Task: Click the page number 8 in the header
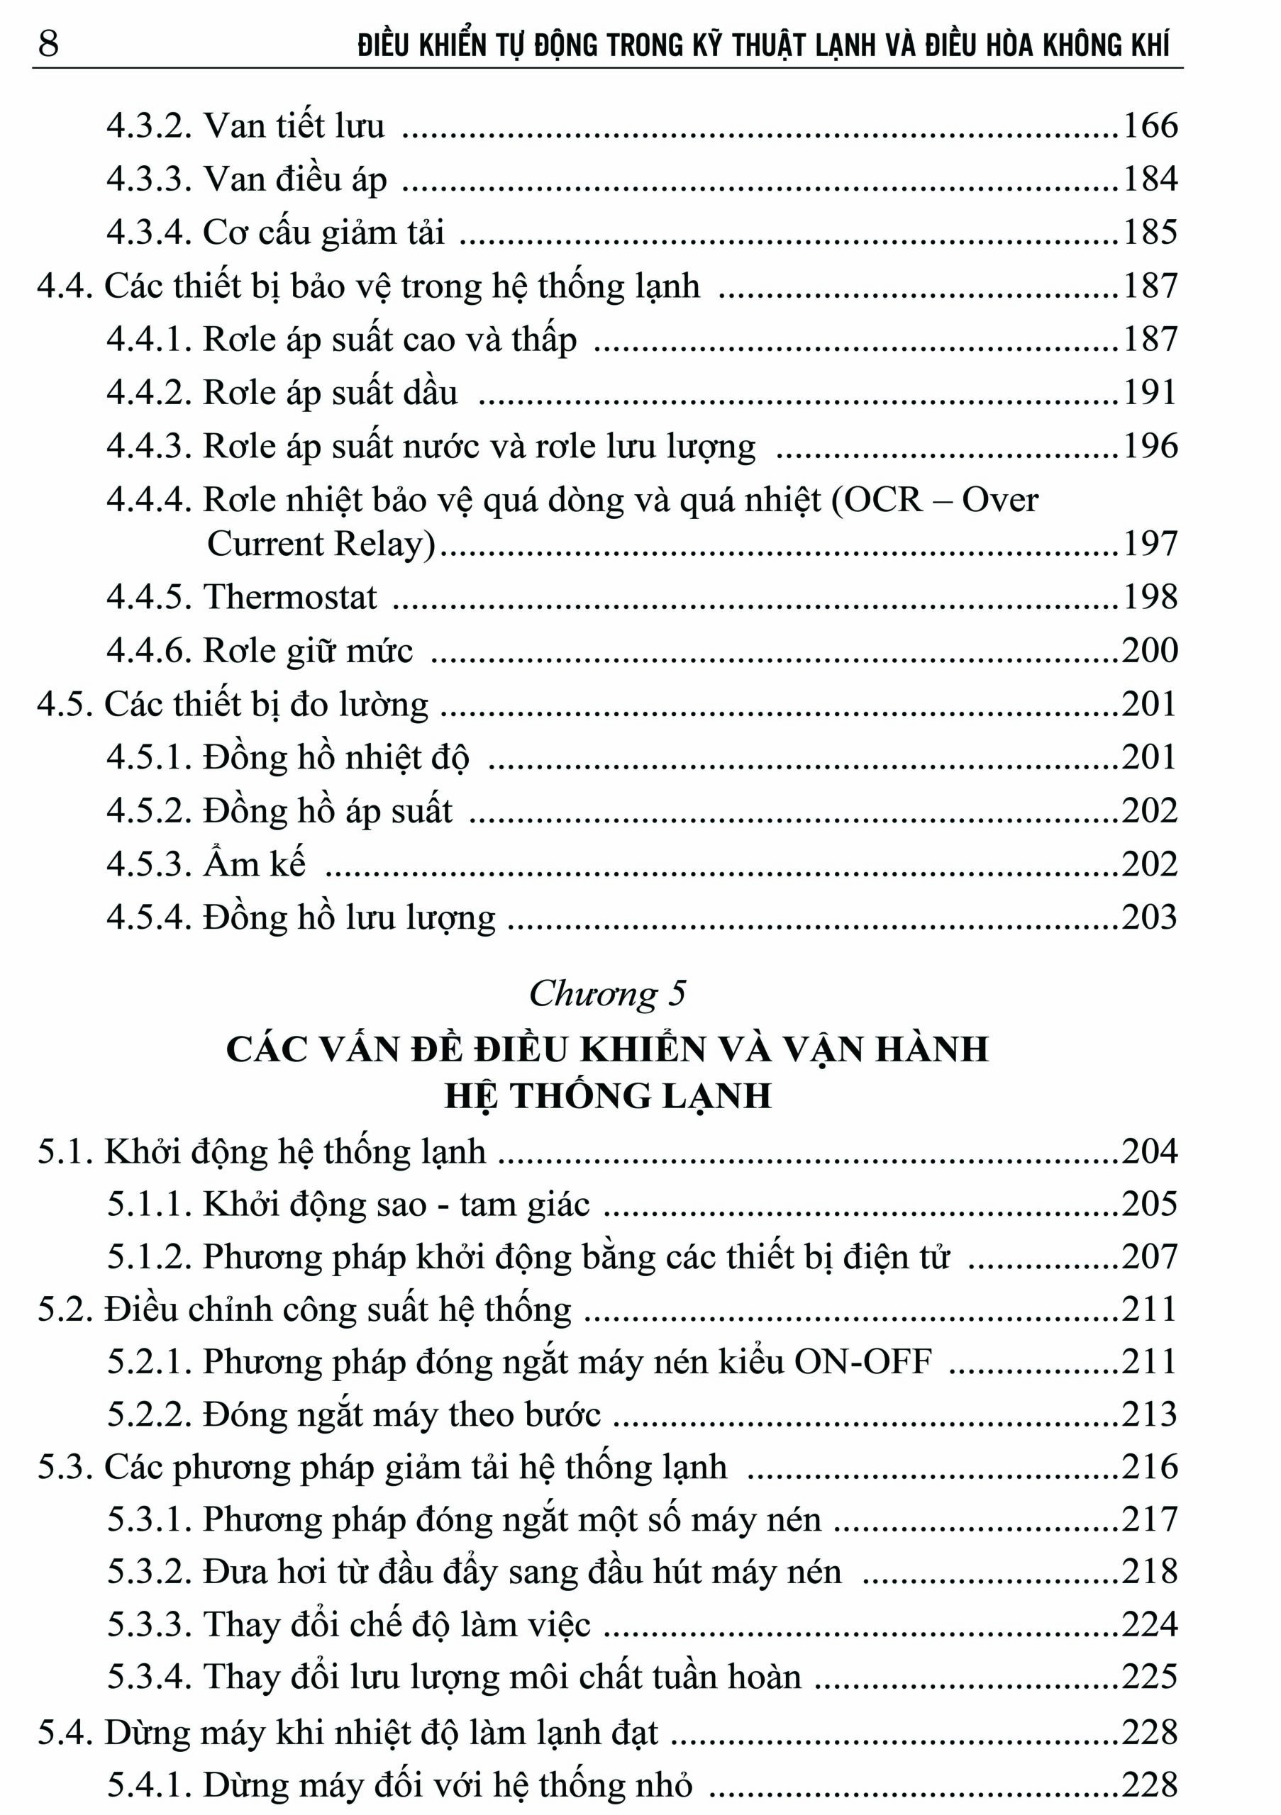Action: pyautogui.click(x=48, y=43)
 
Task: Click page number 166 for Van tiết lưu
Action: pyautogui.click(x=1150, y=125)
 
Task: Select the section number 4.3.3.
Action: pyautogui.click(x=150, y=179)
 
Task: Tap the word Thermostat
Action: pyautogui.click(x=290, y=597)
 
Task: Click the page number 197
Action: pyautogui.click(x=1150, y=544)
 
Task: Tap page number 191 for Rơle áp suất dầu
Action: pyautogui.click(x=1150, y=393)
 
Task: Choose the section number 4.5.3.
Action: pyautogui.click(x=150, y=864)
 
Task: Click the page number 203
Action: pyautogui.click(x=1150, y=917)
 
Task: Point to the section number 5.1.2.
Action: pyautogui.click(x=150, y=1257)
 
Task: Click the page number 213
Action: pyautogui.click(x=1150, y=1414)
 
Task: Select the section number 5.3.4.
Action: pyautogui.click(x=150, y=1677)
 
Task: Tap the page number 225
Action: pyautogui.click(x=1150, y=1677)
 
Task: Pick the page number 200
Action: pyautogui.click(x=1150, y=651)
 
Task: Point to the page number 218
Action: pyautogui.click(x=1150, y=1572)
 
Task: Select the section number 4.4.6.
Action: pyautogui.click(x=150, y=651)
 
